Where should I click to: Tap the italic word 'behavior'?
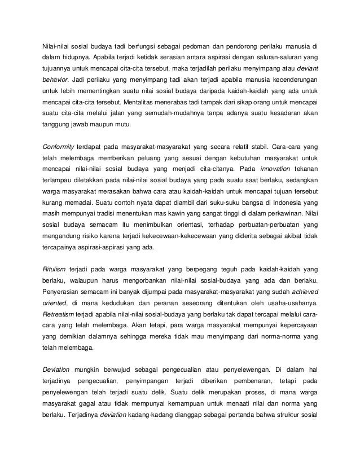tap(56, 91)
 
